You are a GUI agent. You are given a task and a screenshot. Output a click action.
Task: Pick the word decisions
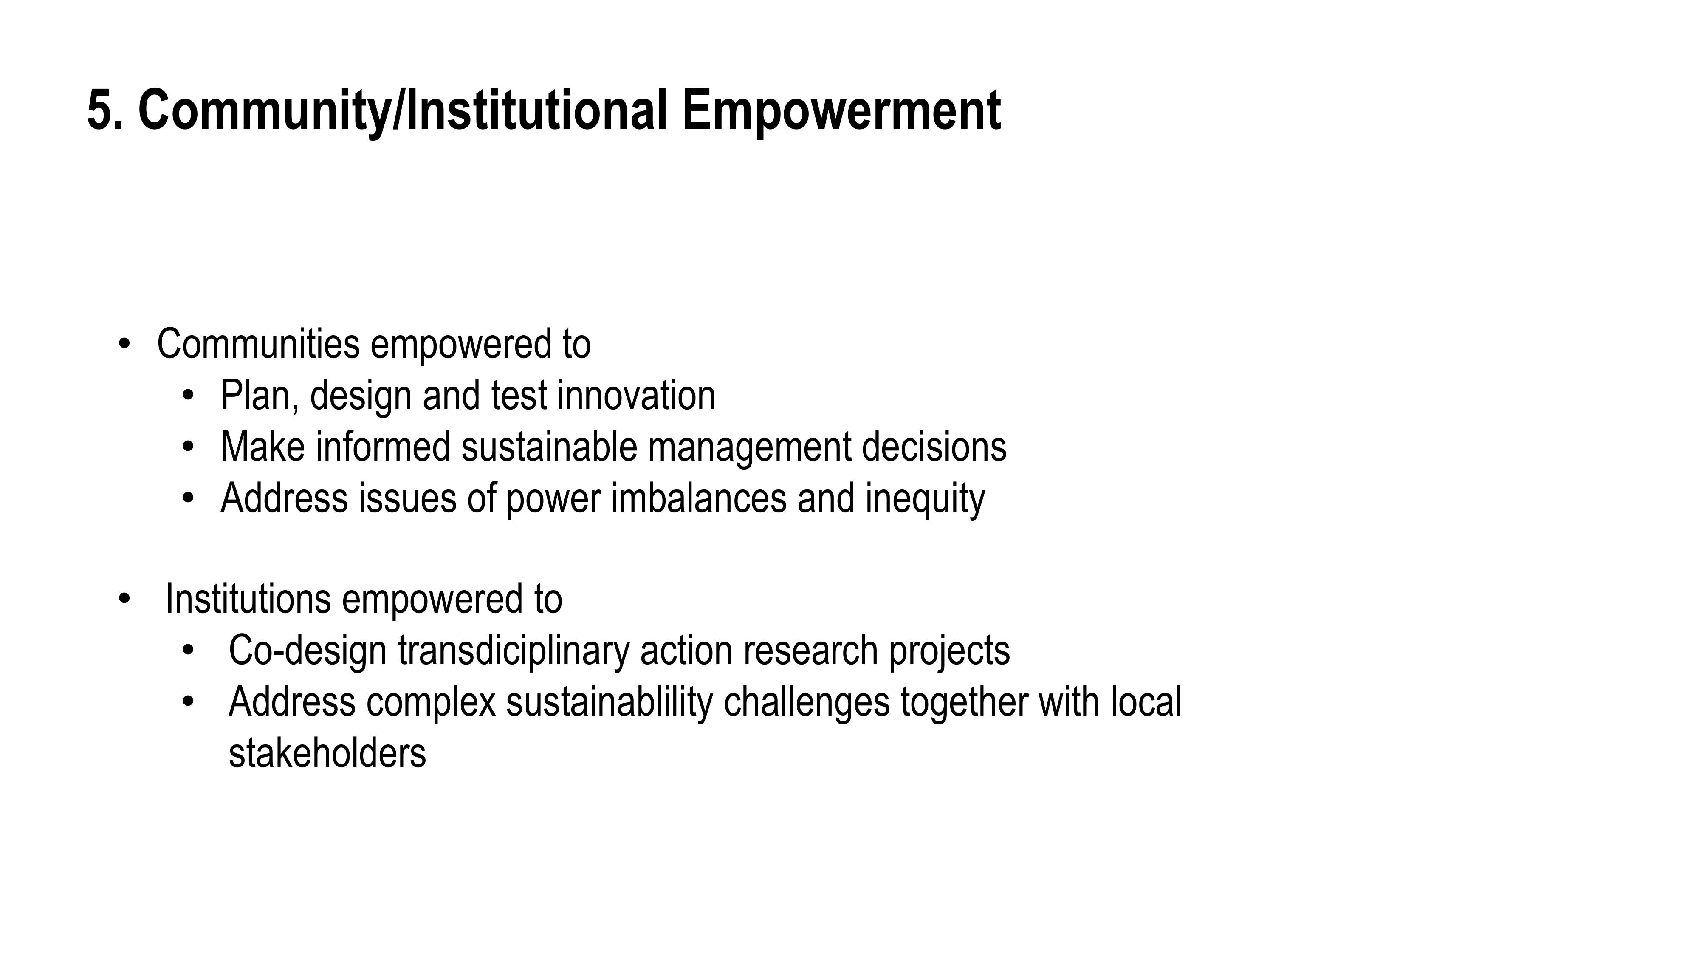[x=934, y=447]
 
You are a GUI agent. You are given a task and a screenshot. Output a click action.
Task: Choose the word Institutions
[x=248, y=599]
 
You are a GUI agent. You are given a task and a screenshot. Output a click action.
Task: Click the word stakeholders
[x=327, y=753]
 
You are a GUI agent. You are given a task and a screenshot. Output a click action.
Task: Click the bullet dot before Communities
[x=123, y=345]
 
